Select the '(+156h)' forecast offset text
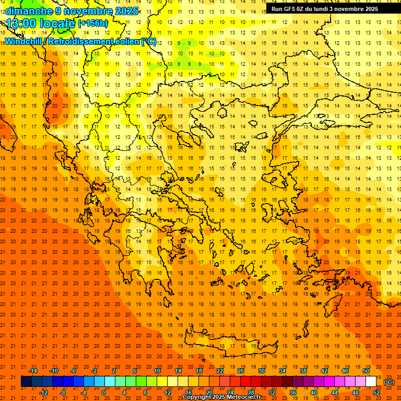93,23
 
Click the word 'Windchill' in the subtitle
23,42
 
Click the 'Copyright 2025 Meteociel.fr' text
221,397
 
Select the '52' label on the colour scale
376,392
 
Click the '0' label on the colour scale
103,392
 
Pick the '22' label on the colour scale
220,371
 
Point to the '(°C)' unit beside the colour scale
389,382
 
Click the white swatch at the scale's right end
371,382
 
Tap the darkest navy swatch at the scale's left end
26,382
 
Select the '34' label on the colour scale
282,371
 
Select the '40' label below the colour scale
314,392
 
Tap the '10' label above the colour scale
157,371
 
